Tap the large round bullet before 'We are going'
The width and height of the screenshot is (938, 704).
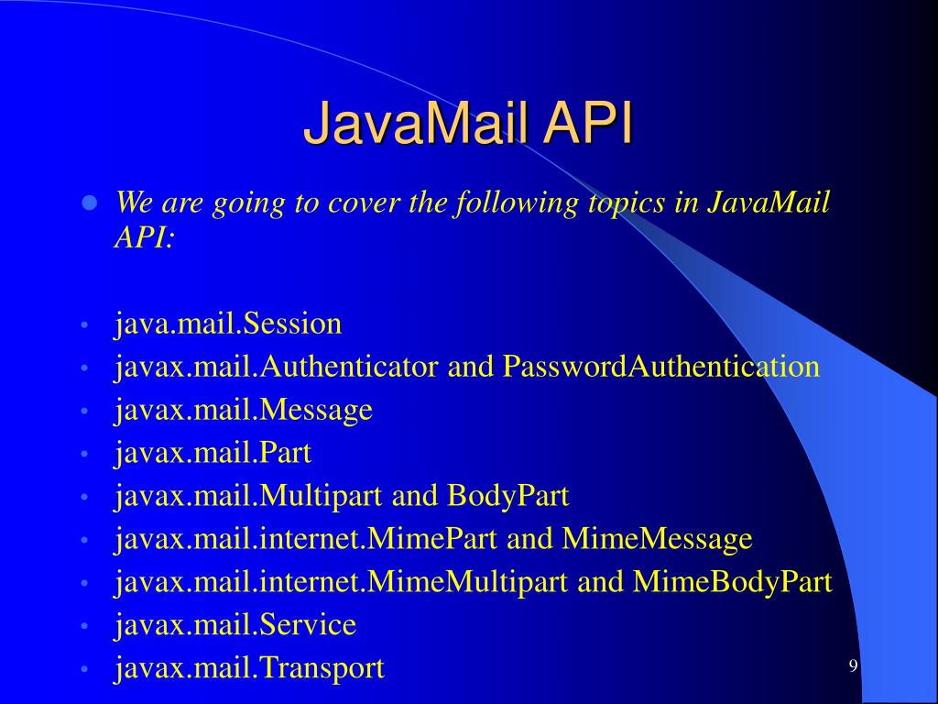tap(90, 203)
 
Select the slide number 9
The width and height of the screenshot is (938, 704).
tap(853, 665)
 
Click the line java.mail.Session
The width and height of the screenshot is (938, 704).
tap(228, 324)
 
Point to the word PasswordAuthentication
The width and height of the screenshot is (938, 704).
tap(660, 367)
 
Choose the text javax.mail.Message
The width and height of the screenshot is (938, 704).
tap(244, 410)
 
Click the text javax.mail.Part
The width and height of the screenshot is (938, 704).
tap(213, 453)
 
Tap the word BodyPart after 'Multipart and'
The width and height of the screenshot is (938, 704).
tap(508, 496)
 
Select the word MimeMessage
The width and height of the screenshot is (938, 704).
tap(657, 539)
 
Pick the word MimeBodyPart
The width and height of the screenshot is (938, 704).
tap(732, 582)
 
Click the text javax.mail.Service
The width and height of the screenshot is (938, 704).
tap(235, 625)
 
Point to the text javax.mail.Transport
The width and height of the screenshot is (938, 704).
tap(249, 668)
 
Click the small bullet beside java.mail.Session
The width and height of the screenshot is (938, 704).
tap(83, 325)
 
